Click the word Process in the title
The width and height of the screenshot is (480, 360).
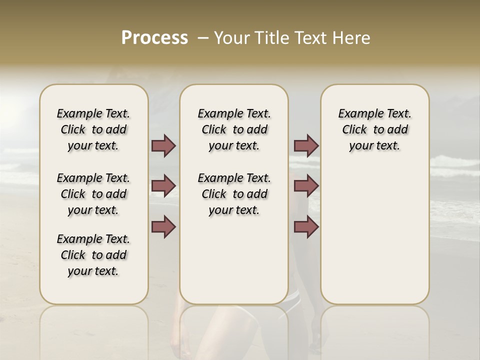(154, 38)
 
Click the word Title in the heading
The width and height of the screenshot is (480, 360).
(269, 38)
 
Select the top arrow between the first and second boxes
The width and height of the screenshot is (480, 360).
(163, 146)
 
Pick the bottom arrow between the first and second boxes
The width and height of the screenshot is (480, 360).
(163, 227)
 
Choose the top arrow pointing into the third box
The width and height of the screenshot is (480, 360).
(306, 146)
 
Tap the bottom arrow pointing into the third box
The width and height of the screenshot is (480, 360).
(306, 227)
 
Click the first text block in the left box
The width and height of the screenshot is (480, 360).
(93, 129)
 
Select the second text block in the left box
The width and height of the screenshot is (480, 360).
(93, 194)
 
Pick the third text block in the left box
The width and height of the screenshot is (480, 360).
(93, 255)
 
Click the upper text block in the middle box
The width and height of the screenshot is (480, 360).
(234, 129)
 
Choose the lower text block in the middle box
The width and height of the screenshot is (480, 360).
(234, 194)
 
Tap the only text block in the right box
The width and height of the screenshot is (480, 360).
(374, 129)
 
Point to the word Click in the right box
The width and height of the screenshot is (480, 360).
(354, 130)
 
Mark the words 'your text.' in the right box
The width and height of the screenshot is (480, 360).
(374, 146)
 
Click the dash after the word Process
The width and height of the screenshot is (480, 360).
(202, 38)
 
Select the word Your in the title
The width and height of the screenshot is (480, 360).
(230, 38)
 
